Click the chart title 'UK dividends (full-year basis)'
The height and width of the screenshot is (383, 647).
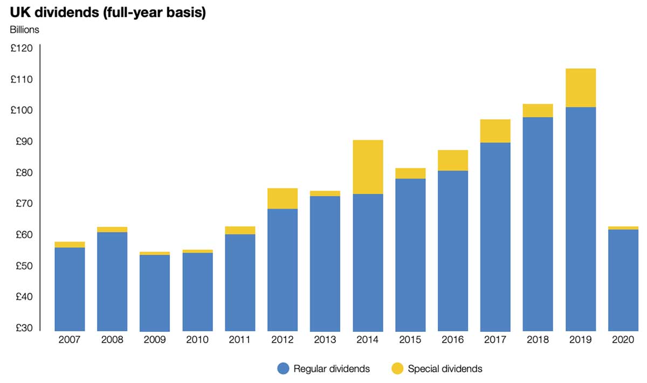click(x=108, y=12)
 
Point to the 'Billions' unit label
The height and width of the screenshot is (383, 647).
click(x=25, y=30)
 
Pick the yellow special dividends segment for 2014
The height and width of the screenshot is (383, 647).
click(x=368, y=167)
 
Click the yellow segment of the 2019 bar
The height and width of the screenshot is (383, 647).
click(x=580, y=88)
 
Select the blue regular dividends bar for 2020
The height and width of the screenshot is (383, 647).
click(x=623, y=280)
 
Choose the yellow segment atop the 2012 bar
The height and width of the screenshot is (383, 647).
click(x=283, y=198)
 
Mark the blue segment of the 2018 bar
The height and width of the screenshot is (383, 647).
click(x=538, y=224)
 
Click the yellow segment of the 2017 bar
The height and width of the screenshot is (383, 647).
click(x=495, y=131)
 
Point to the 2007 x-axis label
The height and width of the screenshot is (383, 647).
click(x=70, y=340)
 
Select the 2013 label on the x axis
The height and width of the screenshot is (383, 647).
click(x=325, y=340)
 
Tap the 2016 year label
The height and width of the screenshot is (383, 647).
click(x=452, y=340)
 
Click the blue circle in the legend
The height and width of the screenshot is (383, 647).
click(x=284, y=369)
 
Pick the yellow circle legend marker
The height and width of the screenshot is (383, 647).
click(x=397, y=369)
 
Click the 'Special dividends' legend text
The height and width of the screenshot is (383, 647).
click(x=445, y=369)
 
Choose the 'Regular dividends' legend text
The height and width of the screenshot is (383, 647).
click(x=332, y=369)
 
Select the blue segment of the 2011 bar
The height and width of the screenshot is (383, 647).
click(x=240, y=283)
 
